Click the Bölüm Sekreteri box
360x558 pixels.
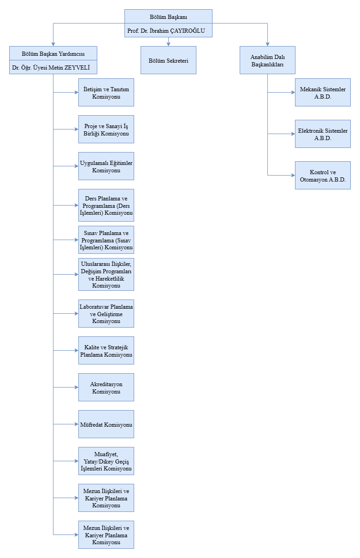[x=168, y=60]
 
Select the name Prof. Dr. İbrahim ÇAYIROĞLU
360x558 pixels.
[x=168, y=31]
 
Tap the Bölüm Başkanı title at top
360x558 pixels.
[x=168, y=17]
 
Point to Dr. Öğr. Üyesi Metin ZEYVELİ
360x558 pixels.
[x=53, y=68]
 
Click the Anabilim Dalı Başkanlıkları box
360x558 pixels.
[x=267, y=60]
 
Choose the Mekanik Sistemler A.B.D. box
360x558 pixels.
[x=323, y=93]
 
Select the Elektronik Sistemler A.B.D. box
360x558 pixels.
[x=323, y=134]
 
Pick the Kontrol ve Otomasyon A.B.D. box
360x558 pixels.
[x=323, y=176]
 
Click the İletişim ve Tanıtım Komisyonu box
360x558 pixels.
[x=106, y=93]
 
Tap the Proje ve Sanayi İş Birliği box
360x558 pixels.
[x=106, y=129]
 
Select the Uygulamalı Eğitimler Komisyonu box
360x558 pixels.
[x=106, y=166]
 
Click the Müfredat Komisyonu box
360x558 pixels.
[x=106, y=424]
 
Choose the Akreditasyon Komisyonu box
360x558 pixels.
[x=106, y=388]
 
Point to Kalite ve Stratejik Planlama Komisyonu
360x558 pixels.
[x=106, y=351]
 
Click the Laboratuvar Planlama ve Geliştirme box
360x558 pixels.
[x=106, y=314]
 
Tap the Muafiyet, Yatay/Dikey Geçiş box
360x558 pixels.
[x=106, y=461]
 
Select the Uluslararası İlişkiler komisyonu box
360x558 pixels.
[x=106, y=275]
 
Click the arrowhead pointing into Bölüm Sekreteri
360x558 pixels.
[x=168, y=44]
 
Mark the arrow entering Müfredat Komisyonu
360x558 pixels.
[x=76, y=424]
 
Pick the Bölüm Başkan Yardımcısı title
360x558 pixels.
[x=53, y=53]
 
